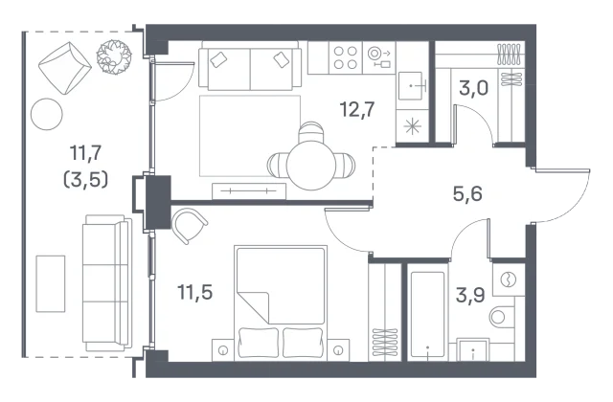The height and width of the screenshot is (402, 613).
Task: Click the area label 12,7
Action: click(357, 109)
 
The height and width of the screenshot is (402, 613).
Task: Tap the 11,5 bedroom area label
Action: click(194, 292)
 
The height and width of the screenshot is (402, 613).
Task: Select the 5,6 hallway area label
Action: click(467, 193)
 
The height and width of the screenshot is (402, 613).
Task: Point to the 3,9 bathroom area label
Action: click(470, 296)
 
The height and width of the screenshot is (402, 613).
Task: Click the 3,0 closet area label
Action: click(473, 88)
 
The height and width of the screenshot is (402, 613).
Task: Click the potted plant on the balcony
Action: click(114, 56)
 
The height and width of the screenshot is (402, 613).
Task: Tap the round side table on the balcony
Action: click(47, 114)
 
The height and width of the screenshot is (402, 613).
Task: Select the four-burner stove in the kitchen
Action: click(346, 57)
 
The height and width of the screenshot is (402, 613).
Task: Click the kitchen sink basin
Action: click(411, 86)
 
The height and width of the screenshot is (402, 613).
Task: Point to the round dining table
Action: click(310, 166)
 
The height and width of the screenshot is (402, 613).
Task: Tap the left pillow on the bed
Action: click(259, 343)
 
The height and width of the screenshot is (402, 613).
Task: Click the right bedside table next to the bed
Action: click(338, 350)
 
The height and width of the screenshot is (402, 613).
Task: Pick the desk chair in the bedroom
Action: click(190, 226)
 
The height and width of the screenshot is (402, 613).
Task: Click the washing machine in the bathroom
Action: click(509, 279)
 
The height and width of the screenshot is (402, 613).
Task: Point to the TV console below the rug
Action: click(249, 191)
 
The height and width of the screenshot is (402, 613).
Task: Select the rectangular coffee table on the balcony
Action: click(51, 284)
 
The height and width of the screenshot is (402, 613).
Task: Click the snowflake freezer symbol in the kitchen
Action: click(412, 126)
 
